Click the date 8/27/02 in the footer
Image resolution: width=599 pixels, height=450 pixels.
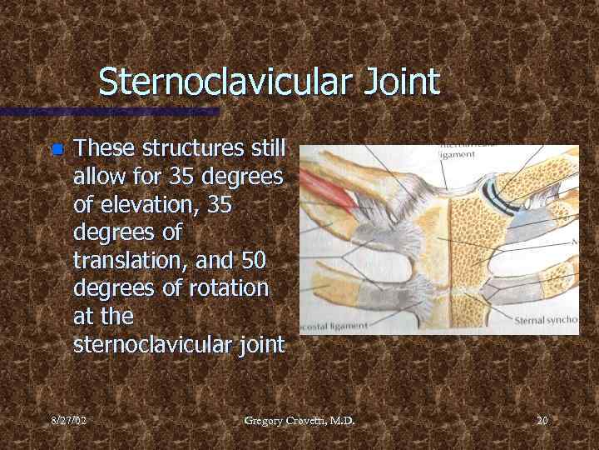[67, 421]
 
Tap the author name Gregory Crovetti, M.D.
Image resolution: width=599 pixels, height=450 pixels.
[299, 421]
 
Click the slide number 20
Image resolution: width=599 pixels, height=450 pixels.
[542, 421]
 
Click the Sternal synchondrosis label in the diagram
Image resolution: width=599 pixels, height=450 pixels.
[546, 320]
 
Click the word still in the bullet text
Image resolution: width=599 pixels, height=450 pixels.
[265, 149]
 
